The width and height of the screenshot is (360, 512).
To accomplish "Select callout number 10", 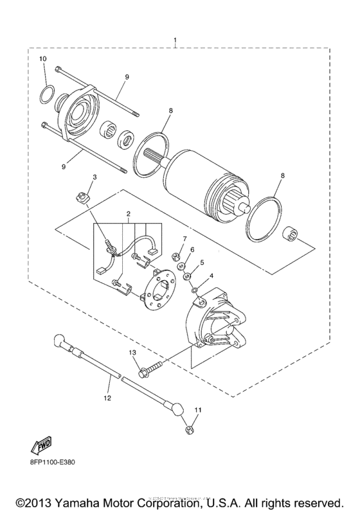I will tap(42, 59).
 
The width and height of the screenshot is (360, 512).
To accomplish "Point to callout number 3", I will tap(94, 177).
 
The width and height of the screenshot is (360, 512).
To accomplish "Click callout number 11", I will tap(198, 409).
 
